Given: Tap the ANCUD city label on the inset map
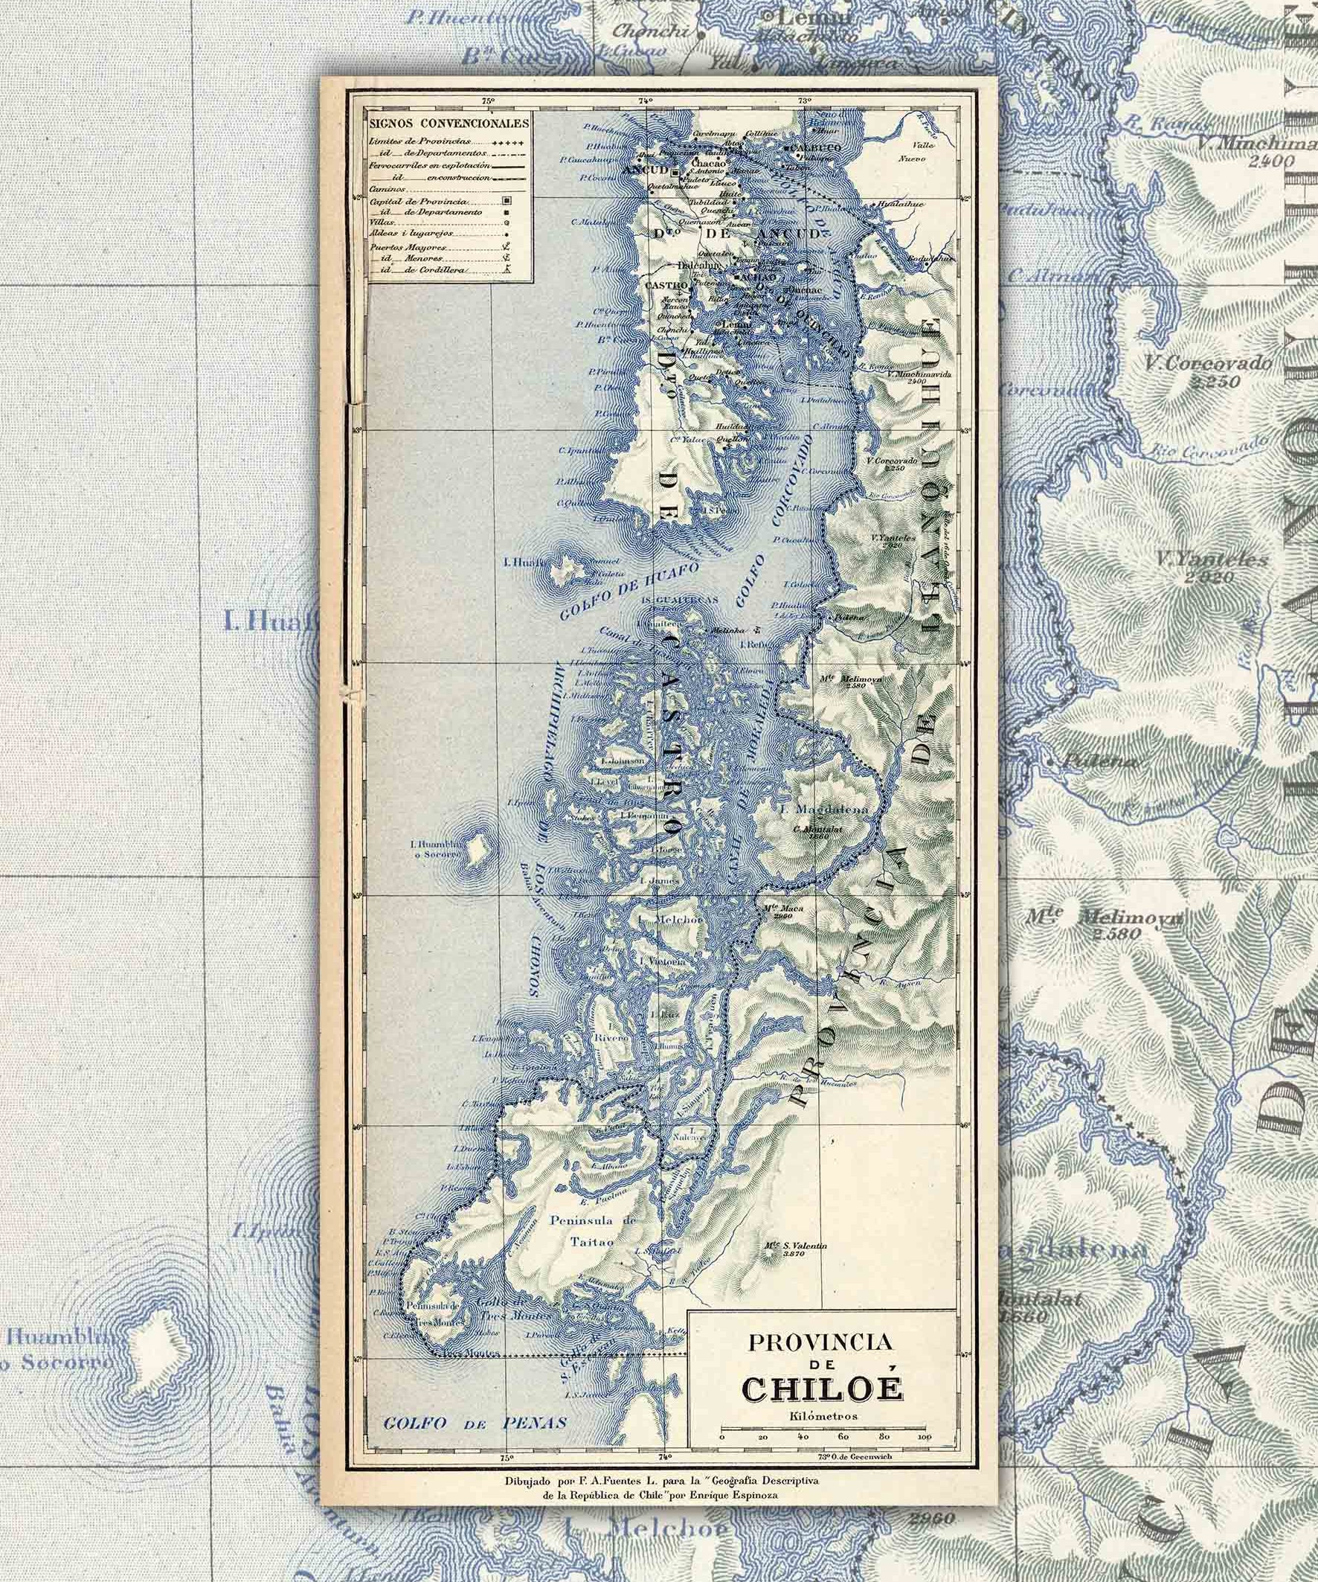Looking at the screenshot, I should point(643,170).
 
